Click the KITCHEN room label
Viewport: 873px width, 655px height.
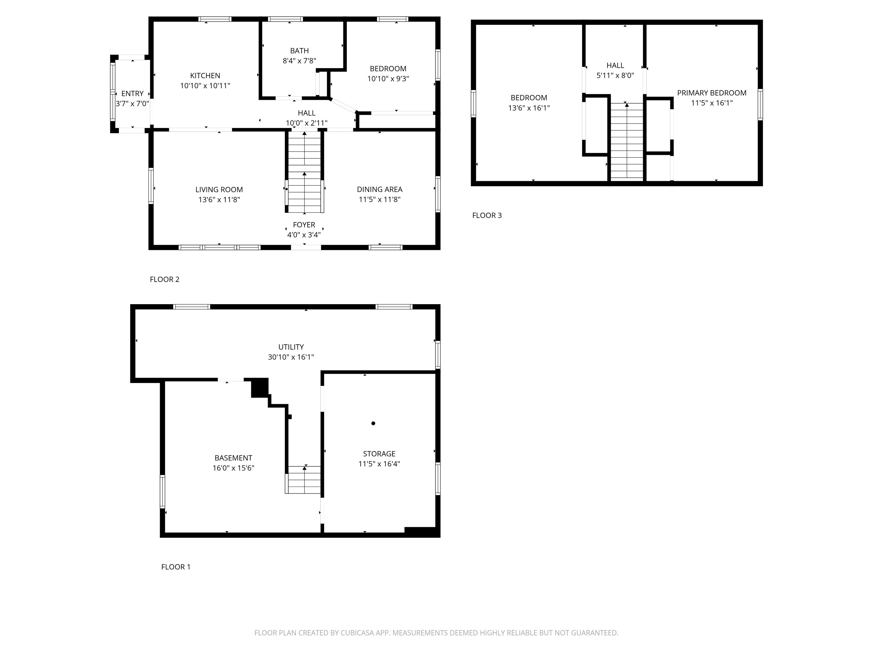point(205,75)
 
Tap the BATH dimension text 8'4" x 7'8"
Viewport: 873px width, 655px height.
point(299,61)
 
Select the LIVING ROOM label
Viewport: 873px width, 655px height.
point(219,190)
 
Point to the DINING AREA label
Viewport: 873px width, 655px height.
point(379,190)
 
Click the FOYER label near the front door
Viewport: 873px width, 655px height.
point(304,225)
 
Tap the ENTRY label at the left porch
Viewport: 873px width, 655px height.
point(132,94)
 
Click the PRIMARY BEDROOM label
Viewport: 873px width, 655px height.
point(712,93)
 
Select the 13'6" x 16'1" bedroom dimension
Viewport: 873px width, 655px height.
point(529,108)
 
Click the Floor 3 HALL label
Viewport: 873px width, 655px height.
point(615,66)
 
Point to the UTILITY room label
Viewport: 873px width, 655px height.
point(291,347)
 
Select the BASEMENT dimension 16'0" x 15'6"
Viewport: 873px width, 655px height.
point(233,468)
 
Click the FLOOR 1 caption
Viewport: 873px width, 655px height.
point(176,567)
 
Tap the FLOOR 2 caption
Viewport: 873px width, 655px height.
point(165,279)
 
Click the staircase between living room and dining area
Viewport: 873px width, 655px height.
point(304,174)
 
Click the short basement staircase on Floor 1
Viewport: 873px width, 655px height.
point(304,479)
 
